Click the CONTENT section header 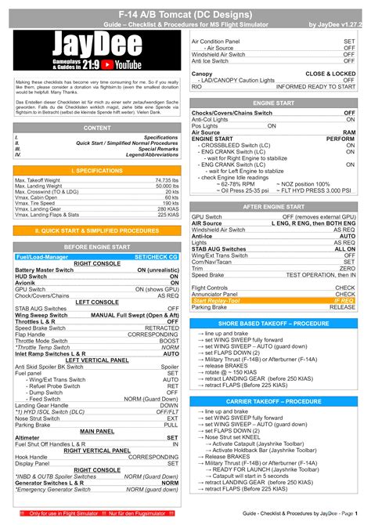pos(97,127)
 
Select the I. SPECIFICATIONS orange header pos(97,170)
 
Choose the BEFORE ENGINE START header pos(97,247)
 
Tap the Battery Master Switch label pos(43,270)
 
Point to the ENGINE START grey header pos(273,103)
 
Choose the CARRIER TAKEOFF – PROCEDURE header pos(273,401)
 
